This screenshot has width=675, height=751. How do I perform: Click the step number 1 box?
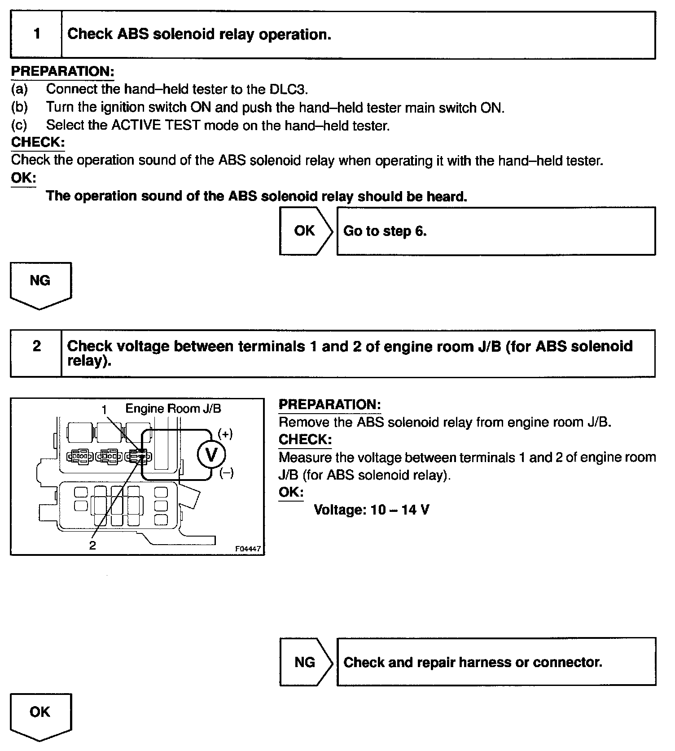coord(36,35)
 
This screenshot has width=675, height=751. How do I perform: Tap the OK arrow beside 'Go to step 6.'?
coord(305,231)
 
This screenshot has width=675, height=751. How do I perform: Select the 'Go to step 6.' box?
coord(495,231)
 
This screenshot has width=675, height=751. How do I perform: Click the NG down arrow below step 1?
coord(40,284)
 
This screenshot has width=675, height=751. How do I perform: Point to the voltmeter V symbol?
coord(211,455)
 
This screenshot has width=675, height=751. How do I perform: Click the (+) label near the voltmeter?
coord(225,434)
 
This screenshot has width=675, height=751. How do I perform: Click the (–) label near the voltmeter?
coord(226,473)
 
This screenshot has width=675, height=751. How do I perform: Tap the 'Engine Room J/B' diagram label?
coord(173,408)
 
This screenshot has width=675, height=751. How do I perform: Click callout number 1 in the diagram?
coord(105,410)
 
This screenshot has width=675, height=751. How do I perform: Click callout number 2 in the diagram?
coord(92,545)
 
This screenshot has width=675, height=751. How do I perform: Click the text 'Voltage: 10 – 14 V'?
coord(371,510)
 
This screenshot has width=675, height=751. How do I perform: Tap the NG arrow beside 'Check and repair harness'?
coord(305,662)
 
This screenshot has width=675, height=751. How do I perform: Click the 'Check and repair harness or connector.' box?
coord(495,662)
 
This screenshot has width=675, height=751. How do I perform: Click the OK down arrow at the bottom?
coord(40,715)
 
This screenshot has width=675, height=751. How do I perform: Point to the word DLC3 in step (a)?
coord(288,89)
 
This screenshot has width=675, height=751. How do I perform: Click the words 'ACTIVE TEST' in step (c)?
coord(155,125)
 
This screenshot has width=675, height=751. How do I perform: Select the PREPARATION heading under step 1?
coord(62,71)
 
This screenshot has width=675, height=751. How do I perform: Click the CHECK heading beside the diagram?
coord(305,440)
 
